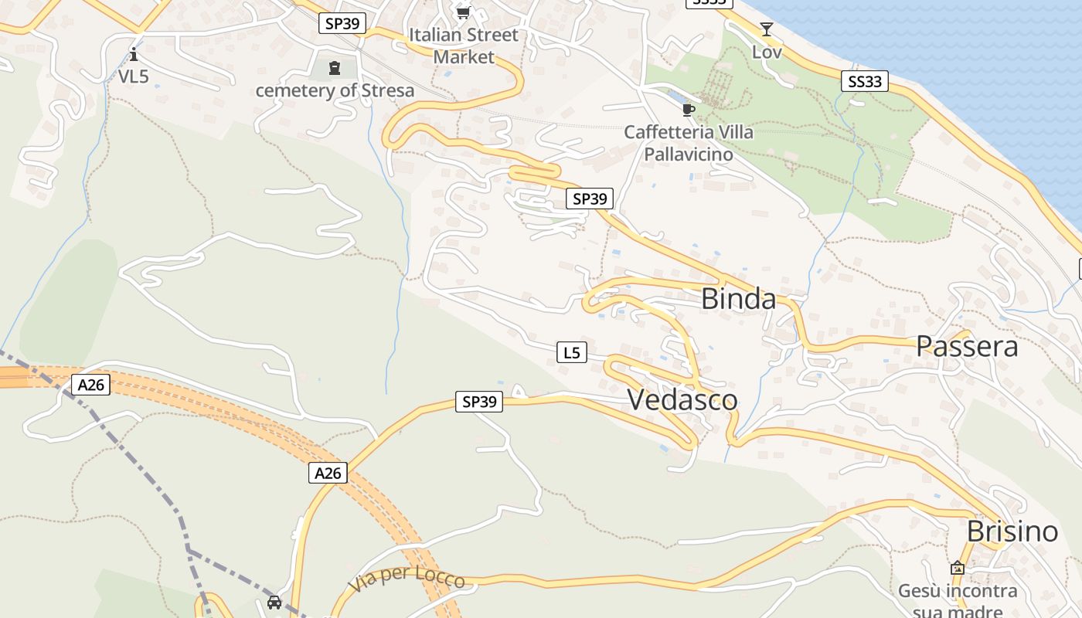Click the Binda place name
click(738, 299)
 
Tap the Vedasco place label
click(682, 400)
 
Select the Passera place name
click(967, 347)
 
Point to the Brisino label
click(1012, 531)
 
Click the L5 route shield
click(571, 353)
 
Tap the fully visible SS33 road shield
click(865, 81)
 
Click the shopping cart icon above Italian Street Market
click(463, 12)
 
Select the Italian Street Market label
click(464, 46)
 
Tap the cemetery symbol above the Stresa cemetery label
click(335, 69)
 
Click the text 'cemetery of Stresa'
click(335, 90)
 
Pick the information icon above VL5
click(134, 54)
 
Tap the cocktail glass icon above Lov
click(766, 29)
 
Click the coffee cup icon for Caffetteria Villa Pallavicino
click(689, 110)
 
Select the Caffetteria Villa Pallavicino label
click(689, 143)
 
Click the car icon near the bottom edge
click(274, 602)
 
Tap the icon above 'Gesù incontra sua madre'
click(958, 568)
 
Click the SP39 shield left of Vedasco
click(478, 402)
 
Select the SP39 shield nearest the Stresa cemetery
click(342, 23)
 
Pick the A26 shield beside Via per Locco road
click(328, 473)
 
